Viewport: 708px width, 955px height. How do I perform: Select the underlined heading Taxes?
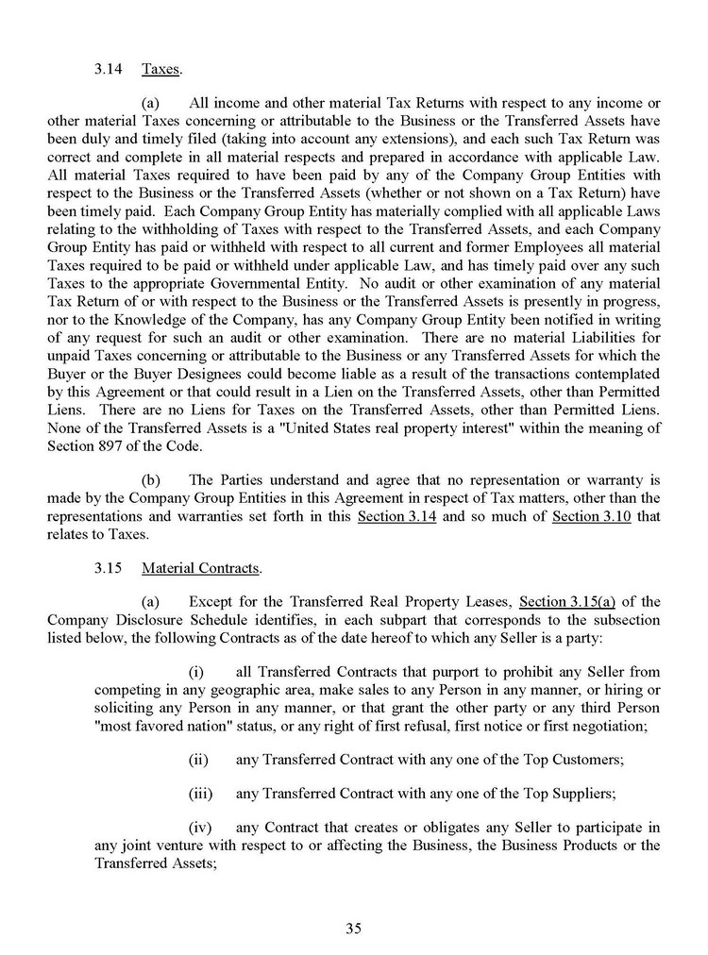(x=161, y=70)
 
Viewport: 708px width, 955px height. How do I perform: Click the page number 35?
(x=353, y=929)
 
